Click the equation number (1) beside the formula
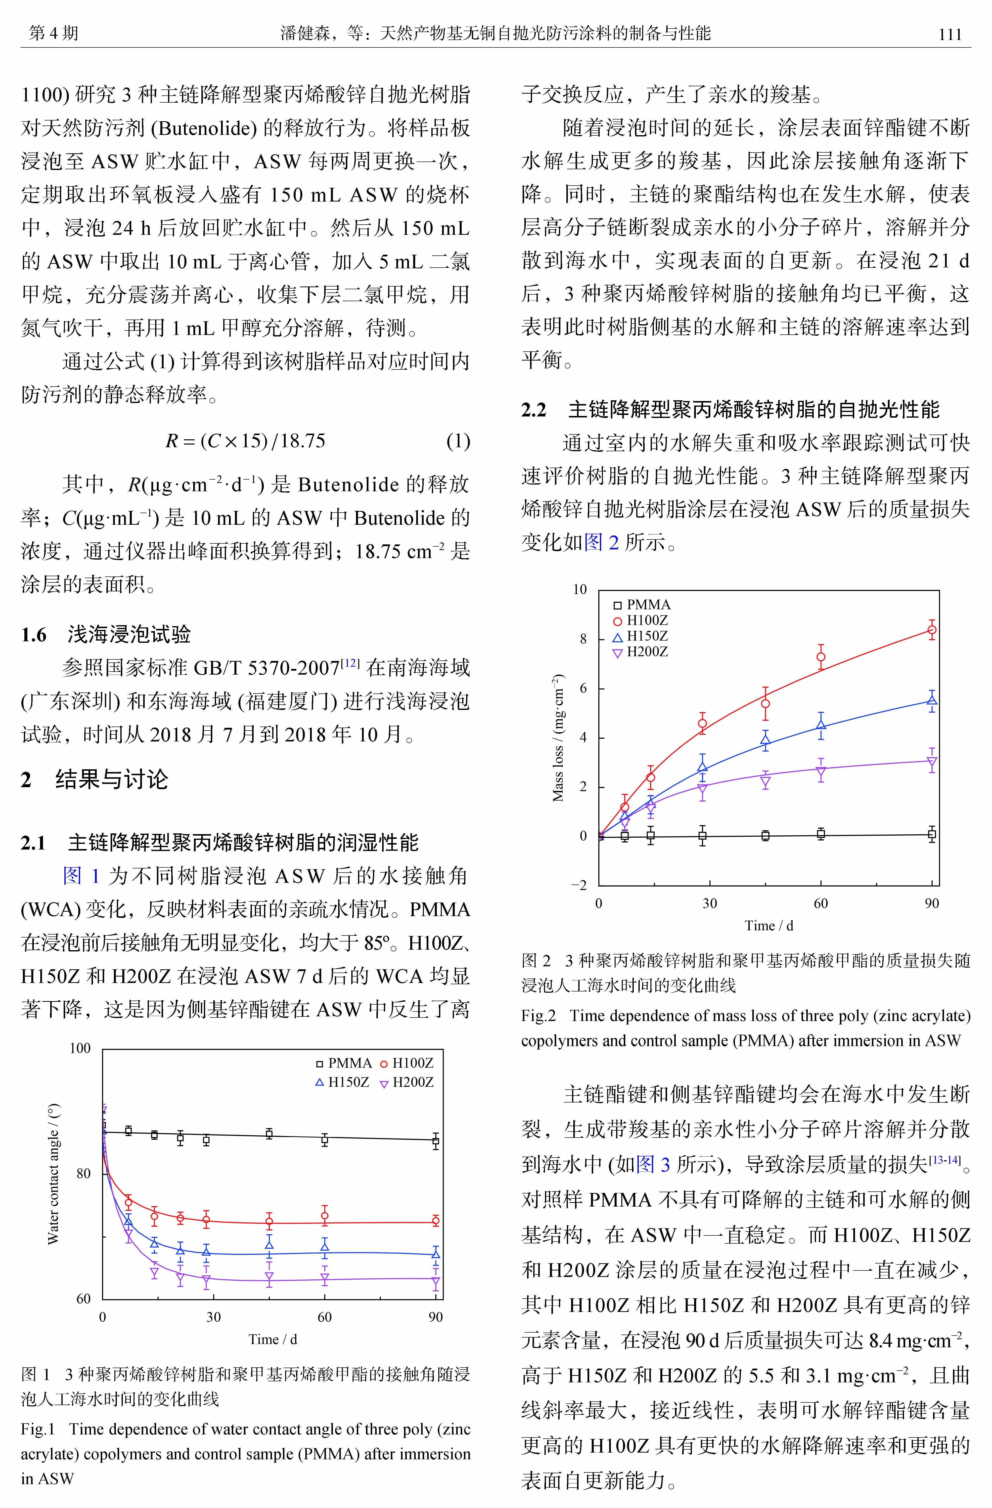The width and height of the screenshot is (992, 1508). (x=458, y=441)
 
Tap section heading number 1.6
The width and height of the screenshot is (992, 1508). (x=34, y=634)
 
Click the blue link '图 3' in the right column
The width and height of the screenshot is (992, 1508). (x=653, y=1164)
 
